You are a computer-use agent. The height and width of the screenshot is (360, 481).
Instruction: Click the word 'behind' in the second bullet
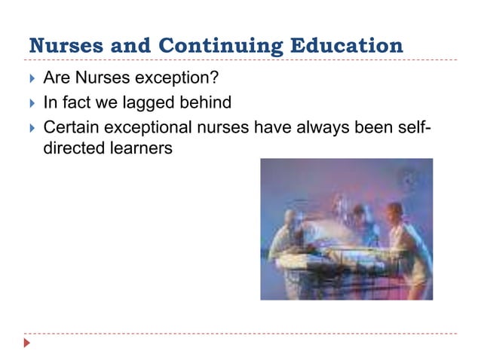pyautogui.click(x=206, y=102)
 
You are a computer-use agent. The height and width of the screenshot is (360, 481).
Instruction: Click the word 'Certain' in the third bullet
pyautogui.click(x=72, y=127)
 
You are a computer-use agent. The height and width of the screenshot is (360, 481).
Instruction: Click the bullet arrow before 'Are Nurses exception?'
pyautogui.click(x=31, y=77)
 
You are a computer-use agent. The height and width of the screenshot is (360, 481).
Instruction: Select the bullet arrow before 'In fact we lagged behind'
pyautogui.click(x=31, y=102)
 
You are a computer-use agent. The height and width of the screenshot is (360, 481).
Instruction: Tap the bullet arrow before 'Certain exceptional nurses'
pyautogui.click(x=31, y=127)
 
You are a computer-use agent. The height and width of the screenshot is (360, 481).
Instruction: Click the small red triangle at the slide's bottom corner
pyautogui.click(x=28, y=343)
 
